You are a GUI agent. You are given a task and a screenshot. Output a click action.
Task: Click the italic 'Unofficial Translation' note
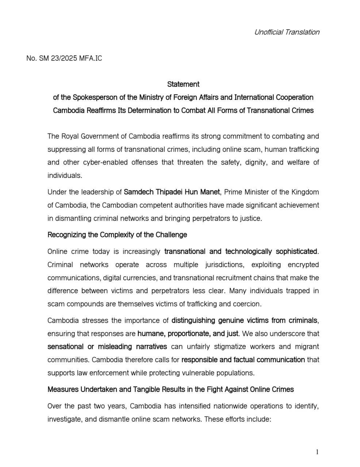pyautogui.click(x=287, y=32)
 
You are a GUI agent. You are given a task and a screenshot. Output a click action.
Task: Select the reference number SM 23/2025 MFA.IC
pyautogui.click(x=64, y=58)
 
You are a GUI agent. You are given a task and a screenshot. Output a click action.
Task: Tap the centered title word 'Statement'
pyautogui.click(x=183, y=84)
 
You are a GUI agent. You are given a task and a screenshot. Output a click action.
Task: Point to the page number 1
pyautogui.click(x=317, y=452)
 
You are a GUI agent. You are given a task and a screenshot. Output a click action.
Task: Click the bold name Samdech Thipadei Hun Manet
pyautogui.click(x=172, y=192)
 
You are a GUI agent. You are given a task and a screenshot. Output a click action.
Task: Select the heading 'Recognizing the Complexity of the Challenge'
pyautogui.click(x=117, y=235)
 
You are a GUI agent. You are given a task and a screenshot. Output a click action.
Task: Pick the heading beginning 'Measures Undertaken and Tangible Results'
pyautogui.click(x=171, y=389)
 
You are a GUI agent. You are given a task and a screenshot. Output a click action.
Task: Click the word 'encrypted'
pyautogui.click(x=303, y=265)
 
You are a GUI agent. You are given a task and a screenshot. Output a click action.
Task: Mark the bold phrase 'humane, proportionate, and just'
pyautogui.click(x=188, y=333)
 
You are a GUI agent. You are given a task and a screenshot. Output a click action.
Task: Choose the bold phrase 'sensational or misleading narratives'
pyautogui.click(x=107, y=347)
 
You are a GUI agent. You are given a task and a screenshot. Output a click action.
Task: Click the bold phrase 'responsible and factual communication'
pyautogui.click(x=243, y=360)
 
